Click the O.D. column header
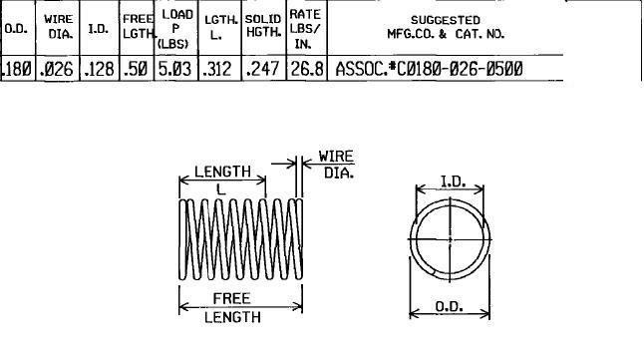pos(16,29)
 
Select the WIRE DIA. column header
pos(59,27)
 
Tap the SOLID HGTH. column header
pos(263,26)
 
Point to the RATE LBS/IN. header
pos(305,29)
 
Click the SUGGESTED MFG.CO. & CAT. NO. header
pos(446,27)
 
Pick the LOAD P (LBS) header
pos(175,29)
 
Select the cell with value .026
pos(56,69)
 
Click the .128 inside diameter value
pos(99,69)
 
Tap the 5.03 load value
pos(175,69)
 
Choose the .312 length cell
pos(217,69)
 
